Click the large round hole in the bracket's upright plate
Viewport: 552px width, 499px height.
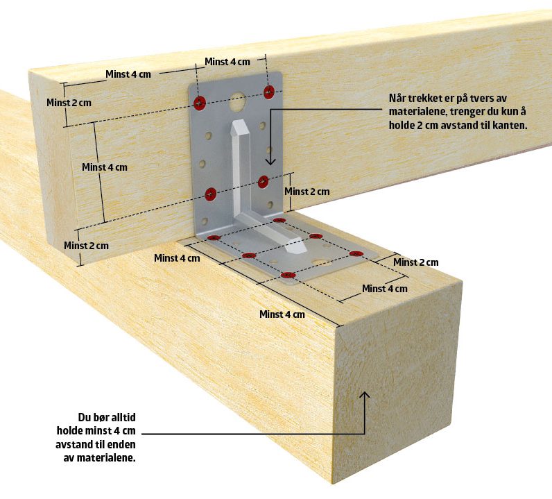(x=238, y=100)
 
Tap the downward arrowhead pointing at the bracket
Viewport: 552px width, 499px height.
(x=270, y=162)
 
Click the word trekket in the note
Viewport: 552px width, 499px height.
(x=422, y=99)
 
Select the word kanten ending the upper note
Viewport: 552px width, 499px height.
(x=510, y=126)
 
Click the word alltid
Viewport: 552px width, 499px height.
(x=123, y=418)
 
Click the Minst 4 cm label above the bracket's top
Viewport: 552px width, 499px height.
(x=227, y=62)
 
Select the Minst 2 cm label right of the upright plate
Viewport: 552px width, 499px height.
(x=307, y=192)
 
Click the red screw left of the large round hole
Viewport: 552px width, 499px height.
(x=200, y=103)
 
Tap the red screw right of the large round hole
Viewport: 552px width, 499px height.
(x=269, y=92)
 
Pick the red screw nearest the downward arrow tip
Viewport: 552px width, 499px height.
(x=263, y=182)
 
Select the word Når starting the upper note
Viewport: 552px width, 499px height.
(x=397, y=99)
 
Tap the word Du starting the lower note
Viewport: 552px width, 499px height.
(x=85, y=418)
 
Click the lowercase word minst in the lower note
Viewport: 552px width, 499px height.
(x=98, y=431)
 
